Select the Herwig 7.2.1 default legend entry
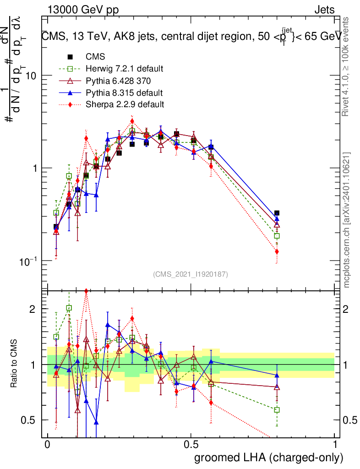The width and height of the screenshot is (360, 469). coord(124,69)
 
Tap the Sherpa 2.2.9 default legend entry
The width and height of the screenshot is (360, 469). coord(124,104)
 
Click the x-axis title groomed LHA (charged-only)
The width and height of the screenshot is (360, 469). coord(269,458)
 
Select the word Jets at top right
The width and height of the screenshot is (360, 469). coord(324,10)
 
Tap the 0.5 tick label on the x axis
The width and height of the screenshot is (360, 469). coord(191,445)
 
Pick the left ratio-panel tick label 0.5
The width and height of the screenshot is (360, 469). coord(29,420)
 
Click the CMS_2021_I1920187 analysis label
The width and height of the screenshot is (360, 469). coord(191,274)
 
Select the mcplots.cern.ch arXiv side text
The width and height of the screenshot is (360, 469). coord(347,220)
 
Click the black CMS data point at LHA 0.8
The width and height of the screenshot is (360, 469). coord(277,213)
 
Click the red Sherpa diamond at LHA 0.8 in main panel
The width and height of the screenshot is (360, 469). coord(277,251)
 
